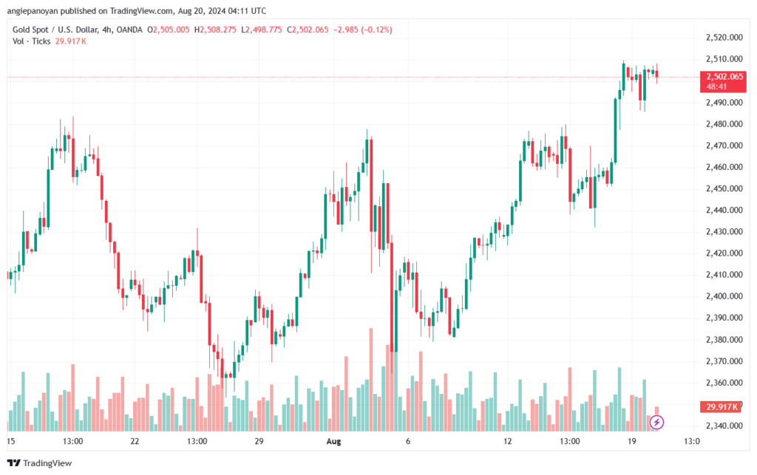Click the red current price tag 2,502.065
[724, 76]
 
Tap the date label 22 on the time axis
[135, 441]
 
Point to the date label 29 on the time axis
[259, 441]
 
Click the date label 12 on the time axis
[507, 441]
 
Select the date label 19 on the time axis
[631, 441]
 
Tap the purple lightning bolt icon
[657, 423]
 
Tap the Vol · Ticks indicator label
[31, 41]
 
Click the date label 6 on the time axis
[407, 441]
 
